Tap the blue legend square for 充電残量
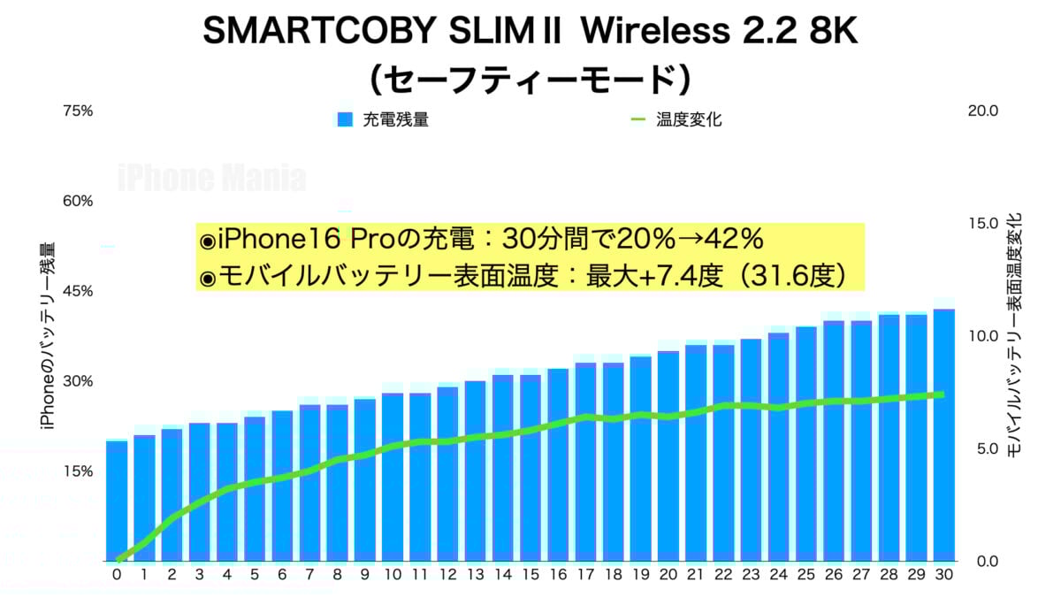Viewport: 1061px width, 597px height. tap(345, 119)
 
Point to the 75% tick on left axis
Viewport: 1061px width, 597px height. tap(77, 111)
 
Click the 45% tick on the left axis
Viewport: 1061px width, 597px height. tap(77, 291)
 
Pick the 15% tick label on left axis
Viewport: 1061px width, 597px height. tap(77, 471)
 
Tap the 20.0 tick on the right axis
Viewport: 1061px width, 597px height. tap(983, 111)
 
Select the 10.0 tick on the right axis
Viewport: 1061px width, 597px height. tap(983, 336)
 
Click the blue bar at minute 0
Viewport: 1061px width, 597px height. tap(117, 501)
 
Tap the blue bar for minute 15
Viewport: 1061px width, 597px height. tap(530, 468)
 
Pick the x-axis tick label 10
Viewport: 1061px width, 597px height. tap(393, 574)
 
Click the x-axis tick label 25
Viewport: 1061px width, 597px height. tap(805, 574)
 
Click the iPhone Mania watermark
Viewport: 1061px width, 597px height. tap(212, 179)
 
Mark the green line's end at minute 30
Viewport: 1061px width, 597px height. tap(941, 394)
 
